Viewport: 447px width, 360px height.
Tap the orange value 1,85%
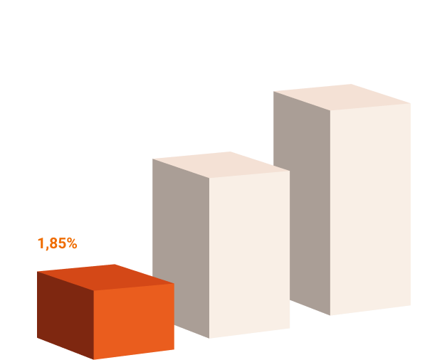57,243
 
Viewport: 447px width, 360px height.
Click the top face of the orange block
107,275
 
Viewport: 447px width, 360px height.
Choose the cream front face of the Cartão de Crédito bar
370,206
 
